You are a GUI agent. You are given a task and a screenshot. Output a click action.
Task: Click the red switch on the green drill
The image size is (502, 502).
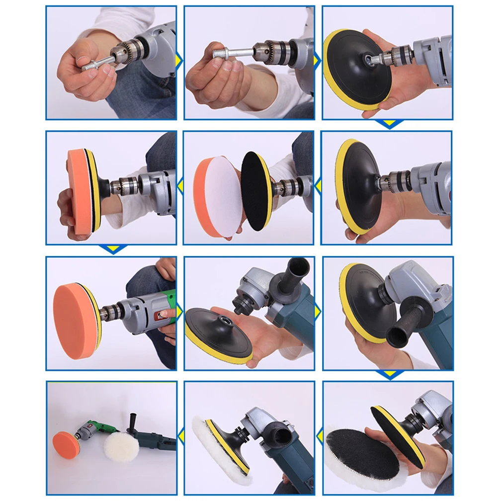click(163, 313)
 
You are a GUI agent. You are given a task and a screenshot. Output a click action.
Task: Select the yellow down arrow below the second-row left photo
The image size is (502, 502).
click(113, 249)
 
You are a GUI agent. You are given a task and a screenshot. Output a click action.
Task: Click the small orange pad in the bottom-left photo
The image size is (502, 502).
click(66, 444)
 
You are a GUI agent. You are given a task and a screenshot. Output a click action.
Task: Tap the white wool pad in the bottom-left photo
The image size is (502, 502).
click(121, 446)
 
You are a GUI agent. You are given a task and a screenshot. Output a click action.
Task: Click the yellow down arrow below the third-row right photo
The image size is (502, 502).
click(389, 374)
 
